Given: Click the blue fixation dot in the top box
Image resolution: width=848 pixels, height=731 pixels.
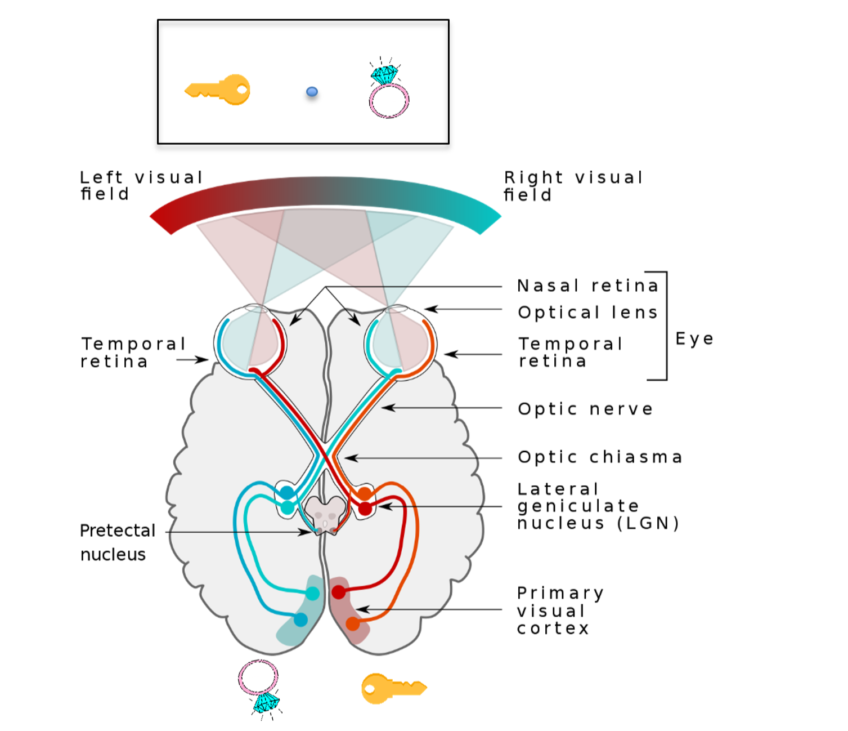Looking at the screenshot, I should [312, 92].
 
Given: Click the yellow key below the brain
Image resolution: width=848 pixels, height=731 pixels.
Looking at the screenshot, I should [393, 688].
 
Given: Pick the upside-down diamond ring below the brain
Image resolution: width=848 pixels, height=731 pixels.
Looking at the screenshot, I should [259, 688].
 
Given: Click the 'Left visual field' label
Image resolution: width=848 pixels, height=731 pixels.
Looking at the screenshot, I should [141, 185].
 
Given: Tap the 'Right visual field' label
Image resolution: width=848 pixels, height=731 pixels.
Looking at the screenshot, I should [573, 186].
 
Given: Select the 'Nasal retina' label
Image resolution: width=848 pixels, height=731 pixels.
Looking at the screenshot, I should [587, 286].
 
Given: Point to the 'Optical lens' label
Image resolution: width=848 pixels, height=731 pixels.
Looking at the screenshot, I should [587, 313].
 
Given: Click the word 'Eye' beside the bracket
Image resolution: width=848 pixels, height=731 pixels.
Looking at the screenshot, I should [694, 339].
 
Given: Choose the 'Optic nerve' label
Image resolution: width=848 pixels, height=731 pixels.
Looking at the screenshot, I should [585, 409].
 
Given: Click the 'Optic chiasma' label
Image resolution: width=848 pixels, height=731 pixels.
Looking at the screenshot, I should [600, 457].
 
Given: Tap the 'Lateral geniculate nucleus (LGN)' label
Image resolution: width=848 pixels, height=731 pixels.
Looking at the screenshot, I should [598, 506].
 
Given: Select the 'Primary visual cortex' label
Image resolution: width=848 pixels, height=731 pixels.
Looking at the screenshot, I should [560, 610].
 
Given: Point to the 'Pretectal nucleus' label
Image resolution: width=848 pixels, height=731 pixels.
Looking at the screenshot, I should [117, 542].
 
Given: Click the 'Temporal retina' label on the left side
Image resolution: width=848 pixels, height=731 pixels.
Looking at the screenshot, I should [133, 353].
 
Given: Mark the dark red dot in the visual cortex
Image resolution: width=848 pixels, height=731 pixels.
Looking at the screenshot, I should [339, 592].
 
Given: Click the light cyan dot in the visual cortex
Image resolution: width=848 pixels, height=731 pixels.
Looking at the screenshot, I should [313, 593].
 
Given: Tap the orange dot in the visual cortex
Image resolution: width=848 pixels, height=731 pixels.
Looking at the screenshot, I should [353, 623].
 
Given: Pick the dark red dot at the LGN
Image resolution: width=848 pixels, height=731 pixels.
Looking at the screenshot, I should [365, 509].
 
